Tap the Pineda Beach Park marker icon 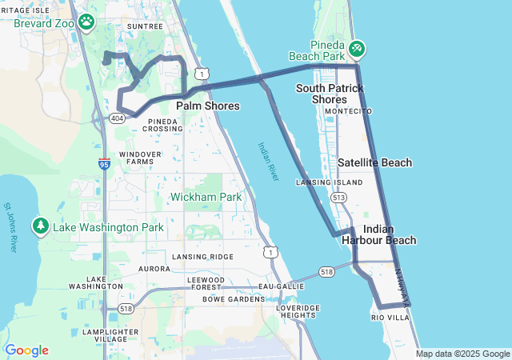(x=357, y=50)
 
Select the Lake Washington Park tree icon (x=41, y=227)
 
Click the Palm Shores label (x=207, y=106)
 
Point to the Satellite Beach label (x=374, y=162)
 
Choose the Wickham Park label (x=206, y=197)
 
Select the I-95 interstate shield (x=105, y=163)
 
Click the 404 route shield (x=117, y=118)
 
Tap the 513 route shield (x=339, y=197)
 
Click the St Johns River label (x=10, y=228)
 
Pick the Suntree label (x=145, y=26)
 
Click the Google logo (x=26, y=350)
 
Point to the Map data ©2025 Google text (x=462, y=354)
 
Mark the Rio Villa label (x=390, y=318)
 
